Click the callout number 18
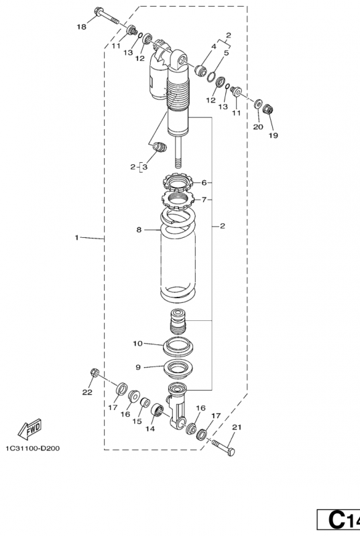[81, 27]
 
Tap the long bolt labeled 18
[106, 15]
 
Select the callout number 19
[273, 135]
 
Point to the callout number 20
[258, 127]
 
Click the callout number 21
[237, 427]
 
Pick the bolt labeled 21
[224, 448]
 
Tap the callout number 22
[87, 393]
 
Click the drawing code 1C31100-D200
[32, 448]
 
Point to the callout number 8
[139, 230]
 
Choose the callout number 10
[137, 343]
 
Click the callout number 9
[138, 367]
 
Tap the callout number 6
[204, 182]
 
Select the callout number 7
[204, 199]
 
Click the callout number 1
[76, 237]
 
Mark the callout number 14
[150, 429]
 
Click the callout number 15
[137, 421]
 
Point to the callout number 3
[145, 167]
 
